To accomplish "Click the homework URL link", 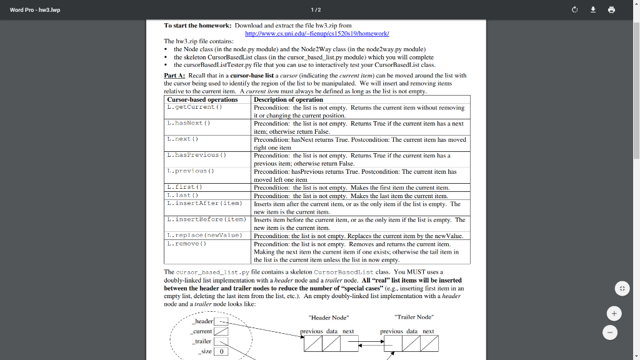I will pos(317,33).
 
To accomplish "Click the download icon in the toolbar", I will pos(594,10).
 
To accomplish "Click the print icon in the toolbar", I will pos(611,10).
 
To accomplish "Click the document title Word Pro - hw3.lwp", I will pos(35,10).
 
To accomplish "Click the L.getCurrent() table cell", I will pos(194,107).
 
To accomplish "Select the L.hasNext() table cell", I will pos(188,123).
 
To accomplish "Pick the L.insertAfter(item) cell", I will pos(204,203).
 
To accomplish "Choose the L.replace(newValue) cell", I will pos(204,236).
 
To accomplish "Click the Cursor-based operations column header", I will pos(202,99).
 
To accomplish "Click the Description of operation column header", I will pos(289,99).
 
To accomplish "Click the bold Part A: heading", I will pos(174,75).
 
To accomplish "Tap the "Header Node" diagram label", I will pos(329,317).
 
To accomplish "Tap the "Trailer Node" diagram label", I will pos(414,317).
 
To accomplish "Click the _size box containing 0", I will pos(221,351).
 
